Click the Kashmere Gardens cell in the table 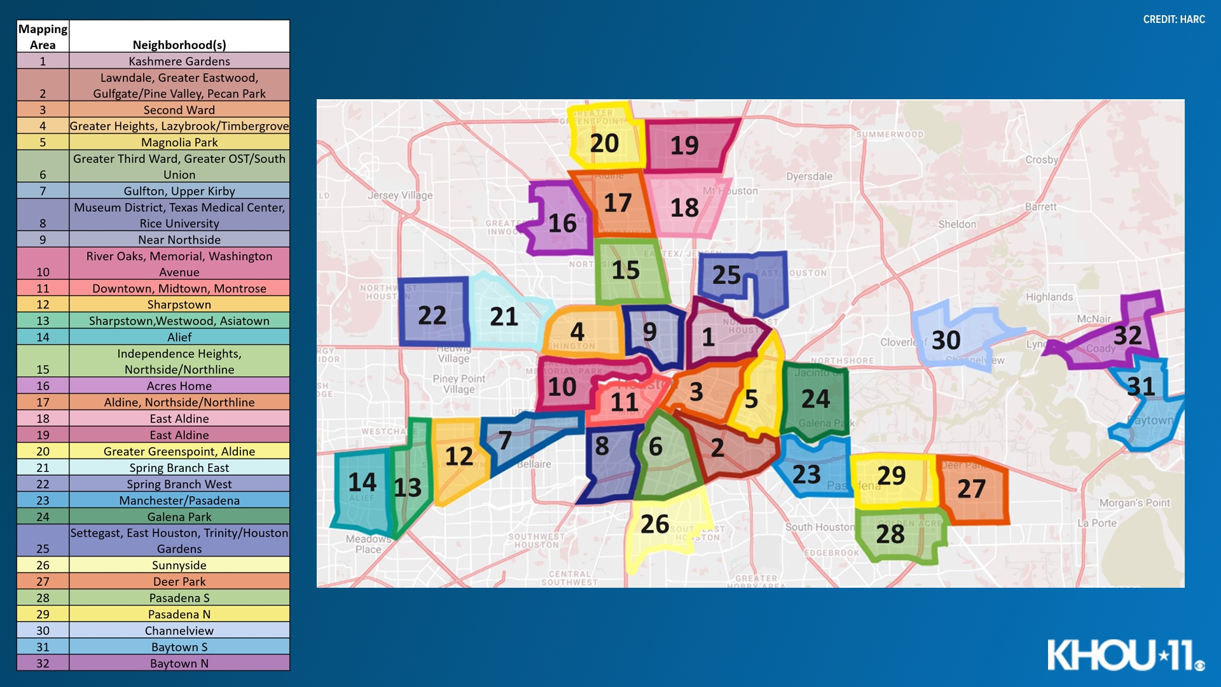(179, 61)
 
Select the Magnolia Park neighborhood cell (179, 142)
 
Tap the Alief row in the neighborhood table (179, 337)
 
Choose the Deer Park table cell (179, 581)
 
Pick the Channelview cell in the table (179, 630)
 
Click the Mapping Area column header (43, 37)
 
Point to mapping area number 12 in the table (43, 305)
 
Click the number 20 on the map (604, 143)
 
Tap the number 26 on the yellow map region (654, 524)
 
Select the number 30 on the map (946, 340)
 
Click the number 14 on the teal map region (362, 482)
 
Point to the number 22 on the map (432, 316)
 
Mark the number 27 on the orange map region (971, 489)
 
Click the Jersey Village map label (400, 195)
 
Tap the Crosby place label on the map (1041, 160)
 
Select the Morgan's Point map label (1135, 503)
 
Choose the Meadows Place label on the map (368, 544)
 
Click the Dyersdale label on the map (809, 176)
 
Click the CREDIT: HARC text (1174, 19)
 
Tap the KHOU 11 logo (1126, 655)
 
